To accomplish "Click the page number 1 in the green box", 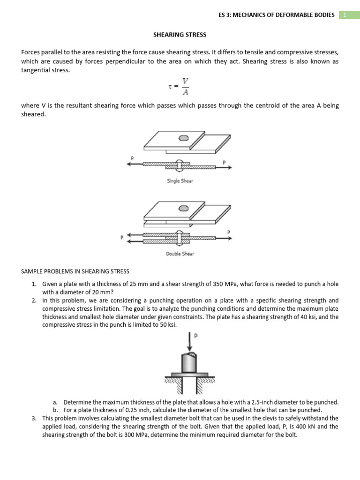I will click(x=345, y=15).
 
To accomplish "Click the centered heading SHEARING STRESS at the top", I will click(x=180, y=35).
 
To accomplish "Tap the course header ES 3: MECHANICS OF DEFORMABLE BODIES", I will click(x=277, y=15).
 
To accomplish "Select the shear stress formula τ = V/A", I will click(x=180, y=86).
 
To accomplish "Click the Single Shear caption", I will click(x=180, y=180).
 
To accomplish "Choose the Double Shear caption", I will click(x=180, y=254).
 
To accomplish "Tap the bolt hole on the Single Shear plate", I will click(x=184, y=138).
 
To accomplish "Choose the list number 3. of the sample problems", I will click(x=35, y=418).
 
